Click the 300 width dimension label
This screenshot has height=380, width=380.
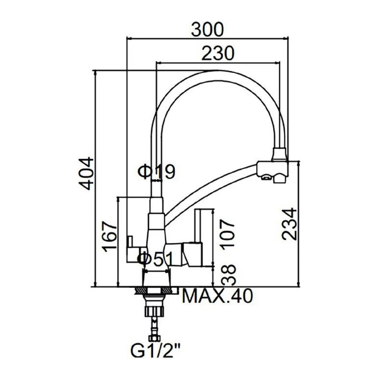(x=207, y=29)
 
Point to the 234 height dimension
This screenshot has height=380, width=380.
(x=290, y=224)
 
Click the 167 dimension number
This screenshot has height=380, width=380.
(x=109, y=236)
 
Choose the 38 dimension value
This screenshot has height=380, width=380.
(x=229, y=274)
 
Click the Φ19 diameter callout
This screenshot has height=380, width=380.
(x=156, y=171)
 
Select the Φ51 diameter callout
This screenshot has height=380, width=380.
(x=155, y=259)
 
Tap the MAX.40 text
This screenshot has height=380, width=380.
(x=217, y=296)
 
